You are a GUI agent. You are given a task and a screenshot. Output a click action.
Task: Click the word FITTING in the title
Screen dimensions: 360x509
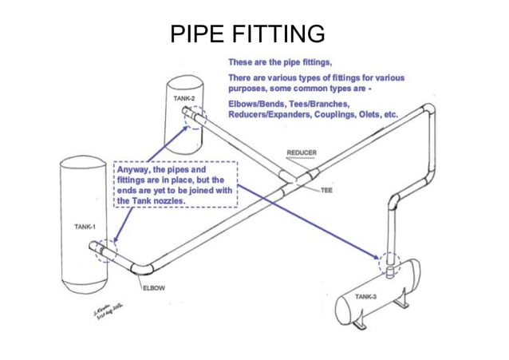pos(279,34)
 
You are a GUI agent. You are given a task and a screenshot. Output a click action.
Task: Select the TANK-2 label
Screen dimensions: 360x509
pos(184,98)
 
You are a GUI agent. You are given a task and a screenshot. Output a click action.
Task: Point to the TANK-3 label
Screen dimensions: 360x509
pos(366,296)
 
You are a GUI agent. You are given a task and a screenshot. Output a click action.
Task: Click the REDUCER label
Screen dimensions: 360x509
pos(301,152)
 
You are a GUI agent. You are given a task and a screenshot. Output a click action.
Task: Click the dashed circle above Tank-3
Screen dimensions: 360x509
pos(389,263)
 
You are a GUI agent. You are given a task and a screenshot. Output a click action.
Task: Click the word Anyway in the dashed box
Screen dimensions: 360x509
pos(136,170)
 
